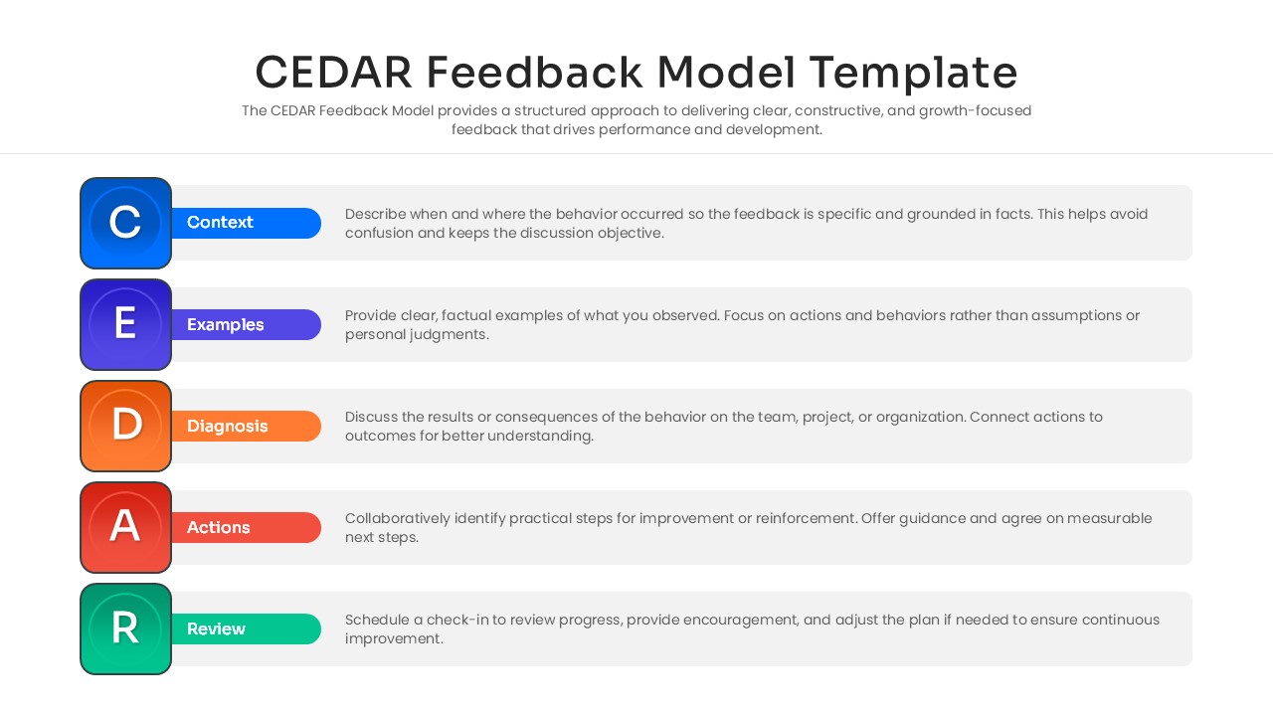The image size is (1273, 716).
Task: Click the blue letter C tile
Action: [125, 223]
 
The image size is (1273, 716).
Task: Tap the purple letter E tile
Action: [125, 324]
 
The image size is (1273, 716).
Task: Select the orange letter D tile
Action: [125, 426]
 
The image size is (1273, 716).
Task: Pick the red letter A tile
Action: [125, 527]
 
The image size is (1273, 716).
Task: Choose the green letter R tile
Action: [125, 628]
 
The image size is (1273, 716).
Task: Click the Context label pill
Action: [245, 223]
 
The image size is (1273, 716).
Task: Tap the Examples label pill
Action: [245, 324]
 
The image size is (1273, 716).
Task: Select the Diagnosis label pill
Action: [245, 426]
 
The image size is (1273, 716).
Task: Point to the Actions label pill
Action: [245, 527]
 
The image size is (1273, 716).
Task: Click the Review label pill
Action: [245, 628]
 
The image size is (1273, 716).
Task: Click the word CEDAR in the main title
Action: [333, 73]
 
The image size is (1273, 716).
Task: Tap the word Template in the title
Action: [913, 73]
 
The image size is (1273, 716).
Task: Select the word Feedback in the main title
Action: [534, 73]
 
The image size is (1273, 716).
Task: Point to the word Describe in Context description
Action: [377, 214]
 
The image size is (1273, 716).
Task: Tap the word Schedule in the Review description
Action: [377, 620]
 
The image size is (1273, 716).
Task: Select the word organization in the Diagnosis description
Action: [914, 417]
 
